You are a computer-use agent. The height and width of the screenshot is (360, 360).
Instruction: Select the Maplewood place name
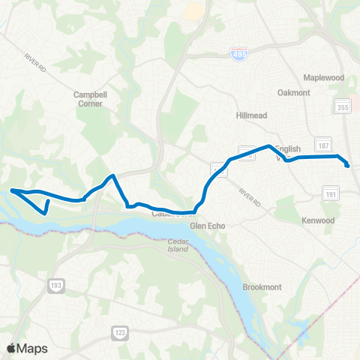[x=323, y=78]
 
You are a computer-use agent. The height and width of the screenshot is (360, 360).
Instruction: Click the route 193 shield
[x=55, y=286]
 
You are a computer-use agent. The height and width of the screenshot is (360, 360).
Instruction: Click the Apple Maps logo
[x=27, y=347]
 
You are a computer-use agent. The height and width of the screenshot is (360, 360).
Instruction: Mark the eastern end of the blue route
[x=347, y=165]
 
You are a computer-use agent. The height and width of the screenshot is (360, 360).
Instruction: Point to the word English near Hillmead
[x=288, y=149]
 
